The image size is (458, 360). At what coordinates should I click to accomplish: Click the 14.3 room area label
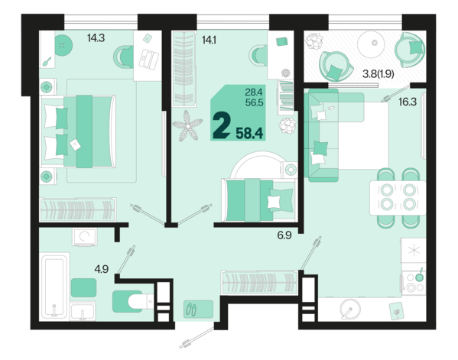96,38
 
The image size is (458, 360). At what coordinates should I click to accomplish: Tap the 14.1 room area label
209,40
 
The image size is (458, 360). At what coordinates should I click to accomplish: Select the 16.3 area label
408,102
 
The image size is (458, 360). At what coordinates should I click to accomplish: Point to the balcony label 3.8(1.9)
378,74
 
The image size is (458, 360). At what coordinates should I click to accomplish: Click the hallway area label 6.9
284,235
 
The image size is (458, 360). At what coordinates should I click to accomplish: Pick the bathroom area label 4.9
102,269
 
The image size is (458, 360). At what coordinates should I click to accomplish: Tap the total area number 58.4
249,133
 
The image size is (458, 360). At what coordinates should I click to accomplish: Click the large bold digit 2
222,125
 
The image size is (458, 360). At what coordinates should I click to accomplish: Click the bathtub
54,286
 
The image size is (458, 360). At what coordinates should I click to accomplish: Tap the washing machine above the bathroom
85,236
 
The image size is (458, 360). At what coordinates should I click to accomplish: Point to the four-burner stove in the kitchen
414,282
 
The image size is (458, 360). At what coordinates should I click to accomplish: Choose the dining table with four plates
398,198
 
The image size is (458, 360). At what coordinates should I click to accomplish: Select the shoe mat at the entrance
198,309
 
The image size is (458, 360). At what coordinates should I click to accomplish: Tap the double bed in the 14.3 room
78,131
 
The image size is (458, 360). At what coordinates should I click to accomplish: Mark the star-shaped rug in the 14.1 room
187,126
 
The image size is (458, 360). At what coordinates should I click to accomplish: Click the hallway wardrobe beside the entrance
259,283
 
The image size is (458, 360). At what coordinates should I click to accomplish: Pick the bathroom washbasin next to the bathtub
83,311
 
